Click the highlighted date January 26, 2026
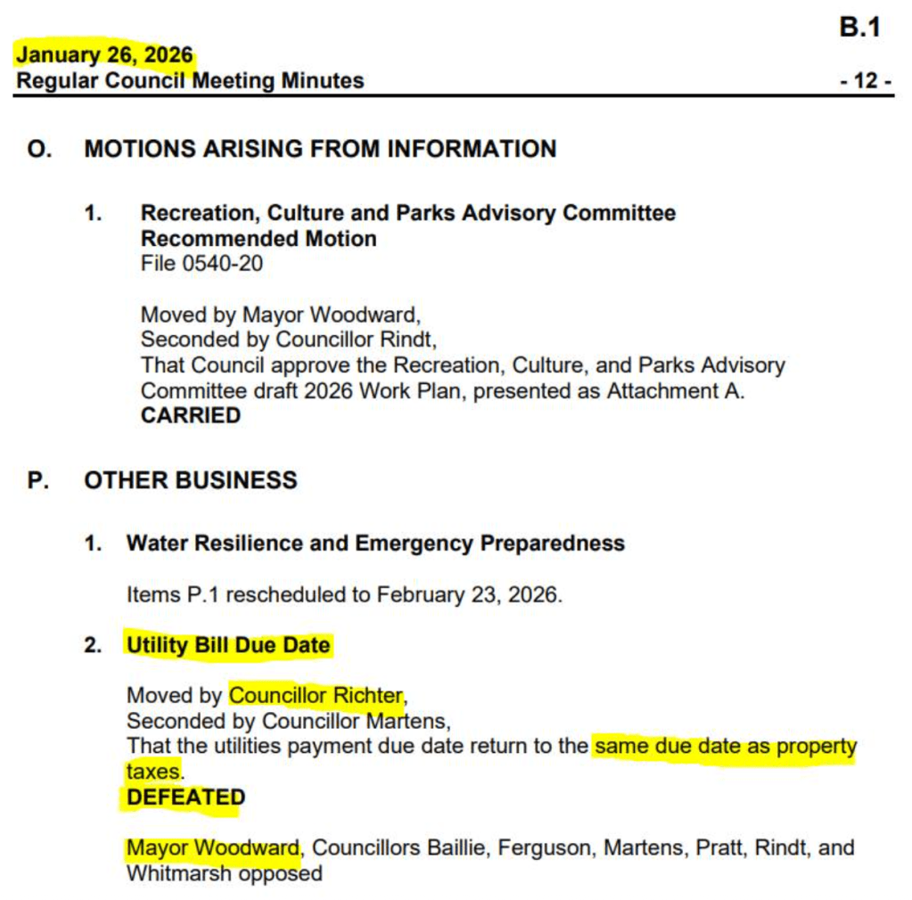point(104,54)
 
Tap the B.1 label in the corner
point(859,28)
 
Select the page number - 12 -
point(865,81)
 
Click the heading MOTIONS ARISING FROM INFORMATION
point(320,149)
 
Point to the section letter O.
point(39,149)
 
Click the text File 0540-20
point(201,264)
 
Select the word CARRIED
point(191,415)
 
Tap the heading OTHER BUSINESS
point(191,480)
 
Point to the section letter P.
point(38,480)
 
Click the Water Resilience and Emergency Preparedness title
point(375,543)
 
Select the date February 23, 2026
point(469,594)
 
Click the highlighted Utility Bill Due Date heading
point(228,645)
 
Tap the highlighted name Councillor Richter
point(316,695)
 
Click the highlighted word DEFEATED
point(185,798)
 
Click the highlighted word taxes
point(153,771)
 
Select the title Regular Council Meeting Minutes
point(191,81)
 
